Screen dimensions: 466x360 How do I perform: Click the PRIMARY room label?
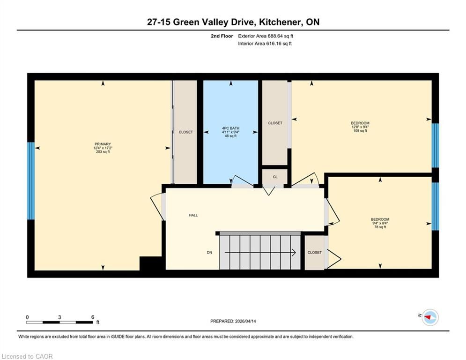tap(103, 144)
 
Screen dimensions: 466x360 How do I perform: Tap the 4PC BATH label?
tap(230, 128)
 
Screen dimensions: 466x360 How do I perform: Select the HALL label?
tap(193, 215)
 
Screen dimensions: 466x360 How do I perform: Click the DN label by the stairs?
tap(209, 252)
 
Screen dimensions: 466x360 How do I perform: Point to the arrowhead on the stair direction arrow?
tap(294, 252)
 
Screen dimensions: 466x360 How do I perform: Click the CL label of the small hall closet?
tap(275, 177)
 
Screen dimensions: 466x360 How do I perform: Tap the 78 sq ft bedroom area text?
tap(380, 227)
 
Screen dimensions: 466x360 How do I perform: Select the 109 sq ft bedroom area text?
tap(360, 131)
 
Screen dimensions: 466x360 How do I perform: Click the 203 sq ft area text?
tap(103, 152)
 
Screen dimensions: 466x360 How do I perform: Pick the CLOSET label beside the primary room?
tap(186, 132)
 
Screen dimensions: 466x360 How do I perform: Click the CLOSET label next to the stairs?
tap(315, 252)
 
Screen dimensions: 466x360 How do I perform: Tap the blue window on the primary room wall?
tap(31, 181)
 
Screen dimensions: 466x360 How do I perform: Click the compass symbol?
tap(430, 317)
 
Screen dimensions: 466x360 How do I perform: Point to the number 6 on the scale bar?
tap(93, 317)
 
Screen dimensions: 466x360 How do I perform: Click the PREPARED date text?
tap(233, 321)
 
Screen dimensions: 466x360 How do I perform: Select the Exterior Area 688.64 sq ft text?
tap(266, 36)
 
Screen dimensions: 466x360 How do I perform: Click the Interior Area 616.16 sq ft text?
tap(265, 44)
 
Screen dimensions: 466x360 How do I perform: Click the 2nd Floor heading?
tap(222, 36)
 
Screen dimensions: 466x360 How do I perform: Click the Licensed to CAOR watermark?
tap(27, 356)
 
